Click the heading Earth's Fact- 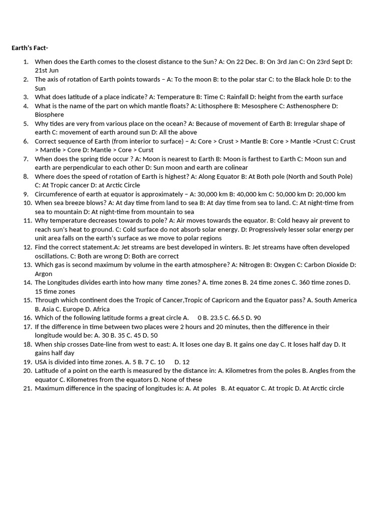point(30,48)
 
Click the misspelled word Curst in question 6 point(146,150)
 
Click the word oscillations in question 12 point(51,256)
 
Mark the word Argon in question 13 point(43,274)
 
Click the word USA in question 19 point(41,362)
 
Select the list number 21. point(27,388)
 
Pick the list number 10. point(27,203)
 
